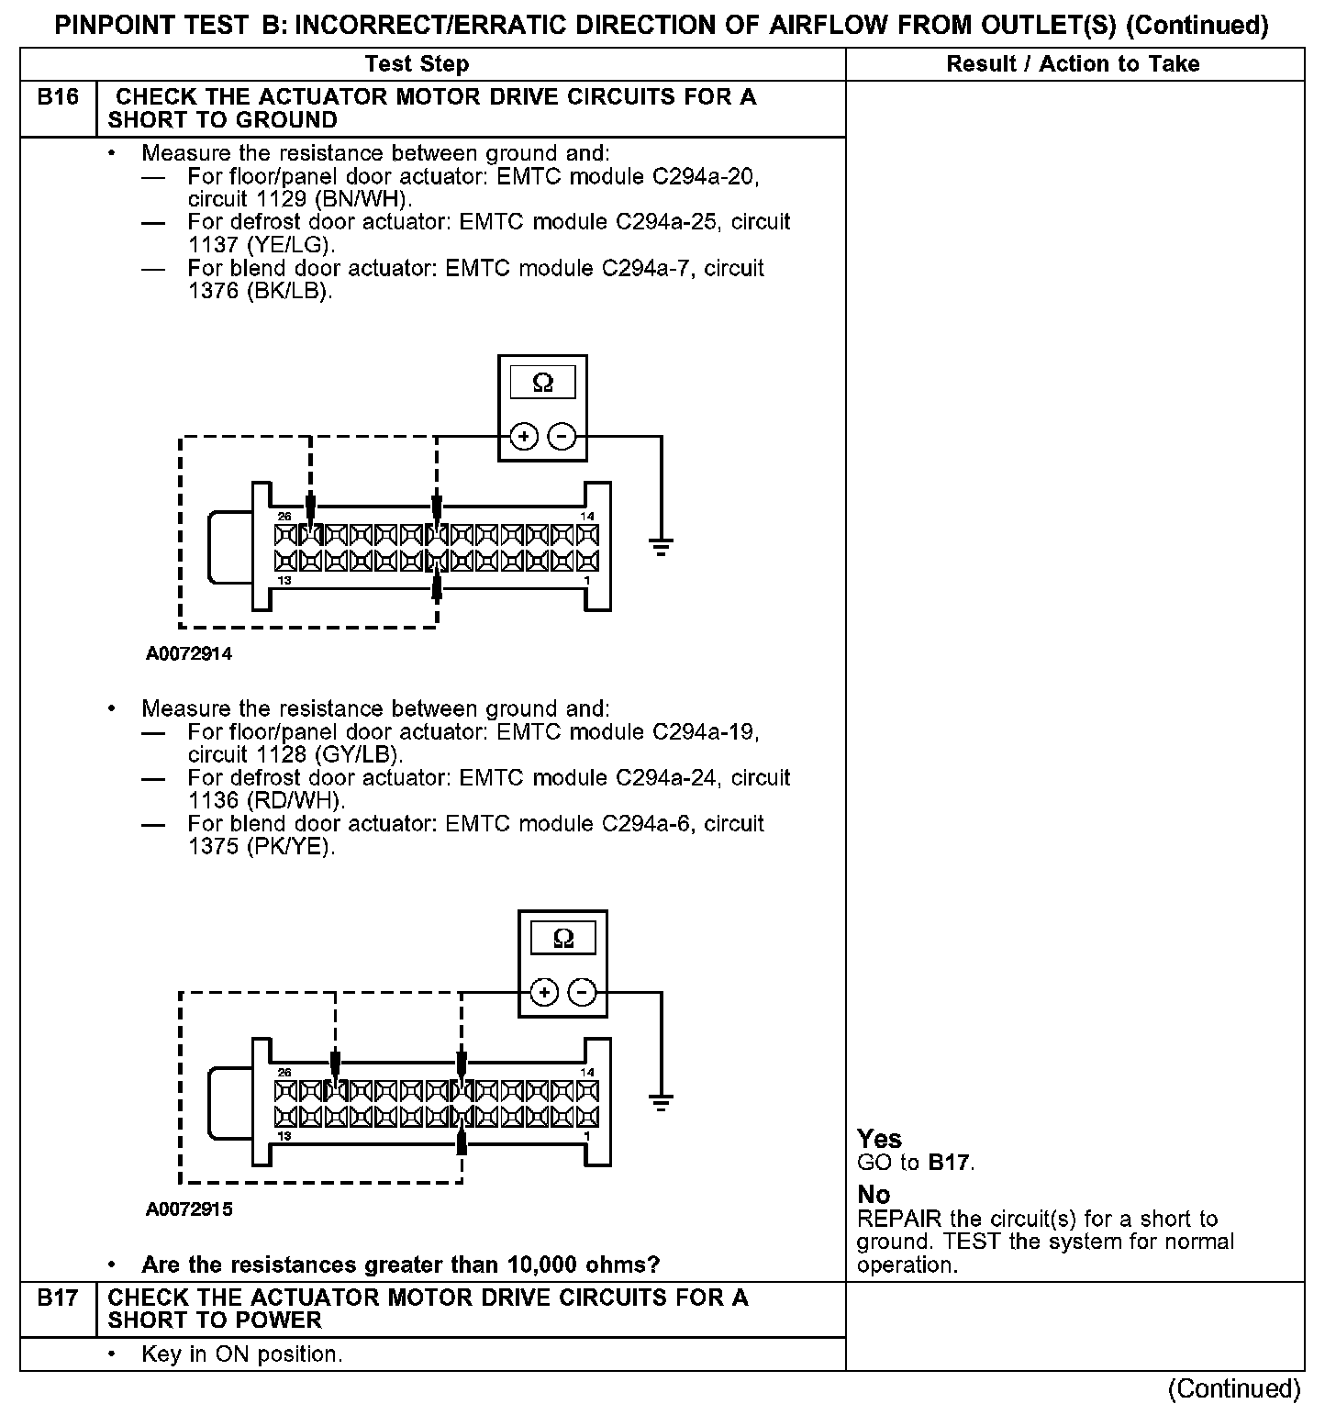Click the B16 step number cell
tap(58, 97)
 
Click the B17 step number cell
tap(58, 1298)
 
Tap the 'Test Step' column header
tap(417, 64)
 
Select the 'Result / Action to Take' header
tap(1073, 64)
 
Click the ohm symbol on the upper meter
tap(543, 384)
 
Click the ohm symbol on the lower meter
tap(563, 939)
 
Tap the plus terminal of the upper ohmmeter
tap(524, 437)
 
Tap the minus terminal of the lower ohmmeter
tap(582, 993)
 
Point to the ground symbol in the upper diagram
tap(661, 548)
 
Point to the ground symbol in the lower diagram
tap(661, 1101)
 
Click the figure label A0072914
tap(189, 654)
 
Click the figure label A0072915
tap(189, 1209)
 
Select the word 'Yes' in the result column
tap(879, 1139)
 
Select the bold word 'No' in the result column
tap(874, 1195)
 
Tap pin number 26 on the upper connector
tap(284, 517)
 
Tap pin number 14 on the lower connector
tap(587, 1072)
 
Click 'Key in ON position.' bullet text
tap(241, 1354)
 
